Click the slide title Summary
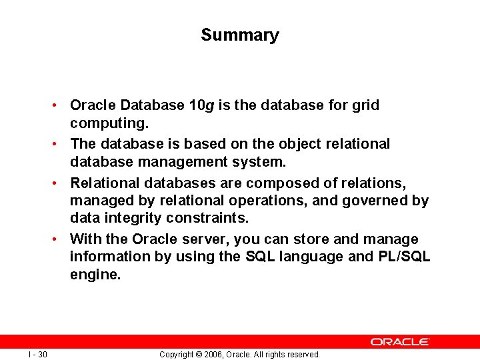[x=239, y=35]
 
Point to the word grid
[x=365, y=105]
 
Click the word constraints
[x=217, y=219]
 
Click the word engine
[x=95, y=275]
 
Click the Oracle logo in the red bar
[x=400, y=341]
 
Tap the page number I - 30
[x=38, y=354]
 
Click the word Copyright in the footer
[x=177, y=355]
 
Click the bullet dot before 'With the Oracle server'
[x=60, y=239]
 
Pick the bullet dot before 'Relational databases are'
[x=60, y=182]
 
